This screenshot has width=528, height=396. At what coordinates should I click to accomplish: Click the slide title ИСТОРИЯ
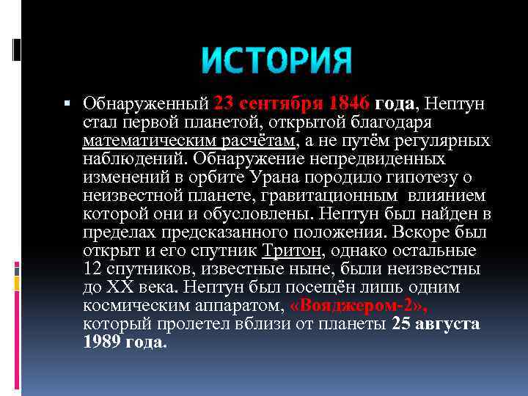click(x=276, y=60)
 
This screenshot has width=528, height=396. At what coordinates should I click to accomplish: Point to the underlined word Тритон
click(x=291, y=250)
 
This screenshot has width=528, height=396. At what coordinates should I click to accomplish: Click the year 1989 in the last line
click(x=101, y=342)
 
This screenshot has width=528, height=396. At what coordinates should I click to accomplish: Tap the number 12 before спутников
click(x=92, y=268)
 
